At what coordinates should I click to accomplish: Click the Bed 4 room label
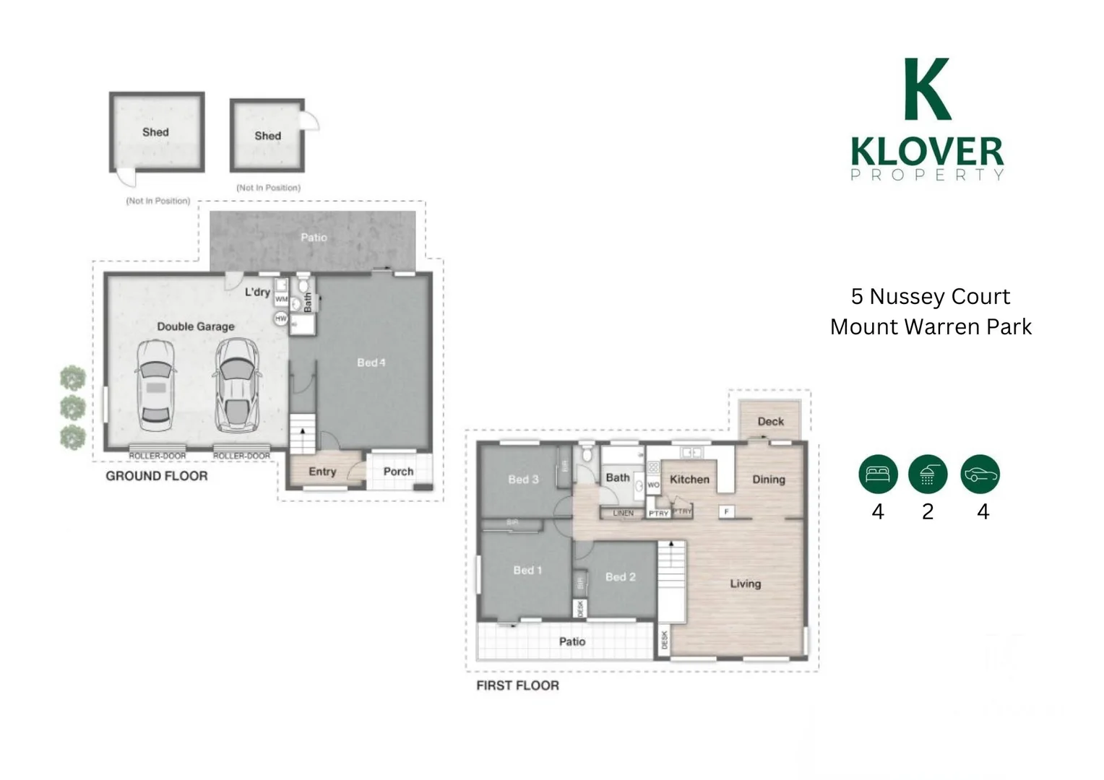point(371,363)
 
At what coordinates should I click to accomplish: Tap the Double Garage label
point(196,326)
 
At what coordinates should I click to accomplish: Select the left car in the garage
point(155,386)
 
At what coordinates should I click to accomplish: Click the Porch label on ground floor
point(398,472)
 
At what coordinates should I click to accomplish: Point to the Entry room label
point(322,472)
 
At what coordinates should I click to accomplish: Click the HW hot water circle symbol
point(281,318)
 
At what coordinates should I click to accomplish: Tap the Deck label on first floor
point(770,421)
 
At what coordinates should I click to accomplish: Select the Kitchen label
point(689,479)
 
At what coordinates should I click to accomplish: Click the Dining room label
point(768,479)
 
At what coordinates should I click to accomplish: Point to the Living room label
point(745,584)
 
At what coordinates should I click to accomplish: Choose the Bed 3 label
point(523,479)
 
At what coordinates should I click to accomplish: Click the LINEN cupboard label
point(623,513)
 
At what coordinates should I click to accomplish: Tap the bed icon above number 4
point(878,474)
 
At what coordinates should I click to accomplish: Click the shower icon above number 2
point(928,474)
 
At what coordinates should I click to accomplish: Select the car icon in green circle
point(980,474)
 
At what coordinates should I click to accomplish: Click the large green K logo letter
point(927,90)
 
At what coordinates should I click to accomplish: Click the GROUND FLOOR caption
point(157,476)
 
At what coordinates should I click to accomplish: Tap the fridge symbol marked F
point(727,511)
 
